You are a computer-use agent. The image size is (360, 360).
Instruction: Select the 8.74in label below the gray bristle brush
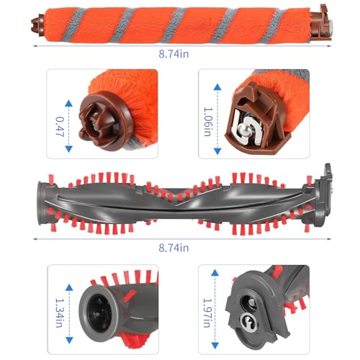175,247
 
